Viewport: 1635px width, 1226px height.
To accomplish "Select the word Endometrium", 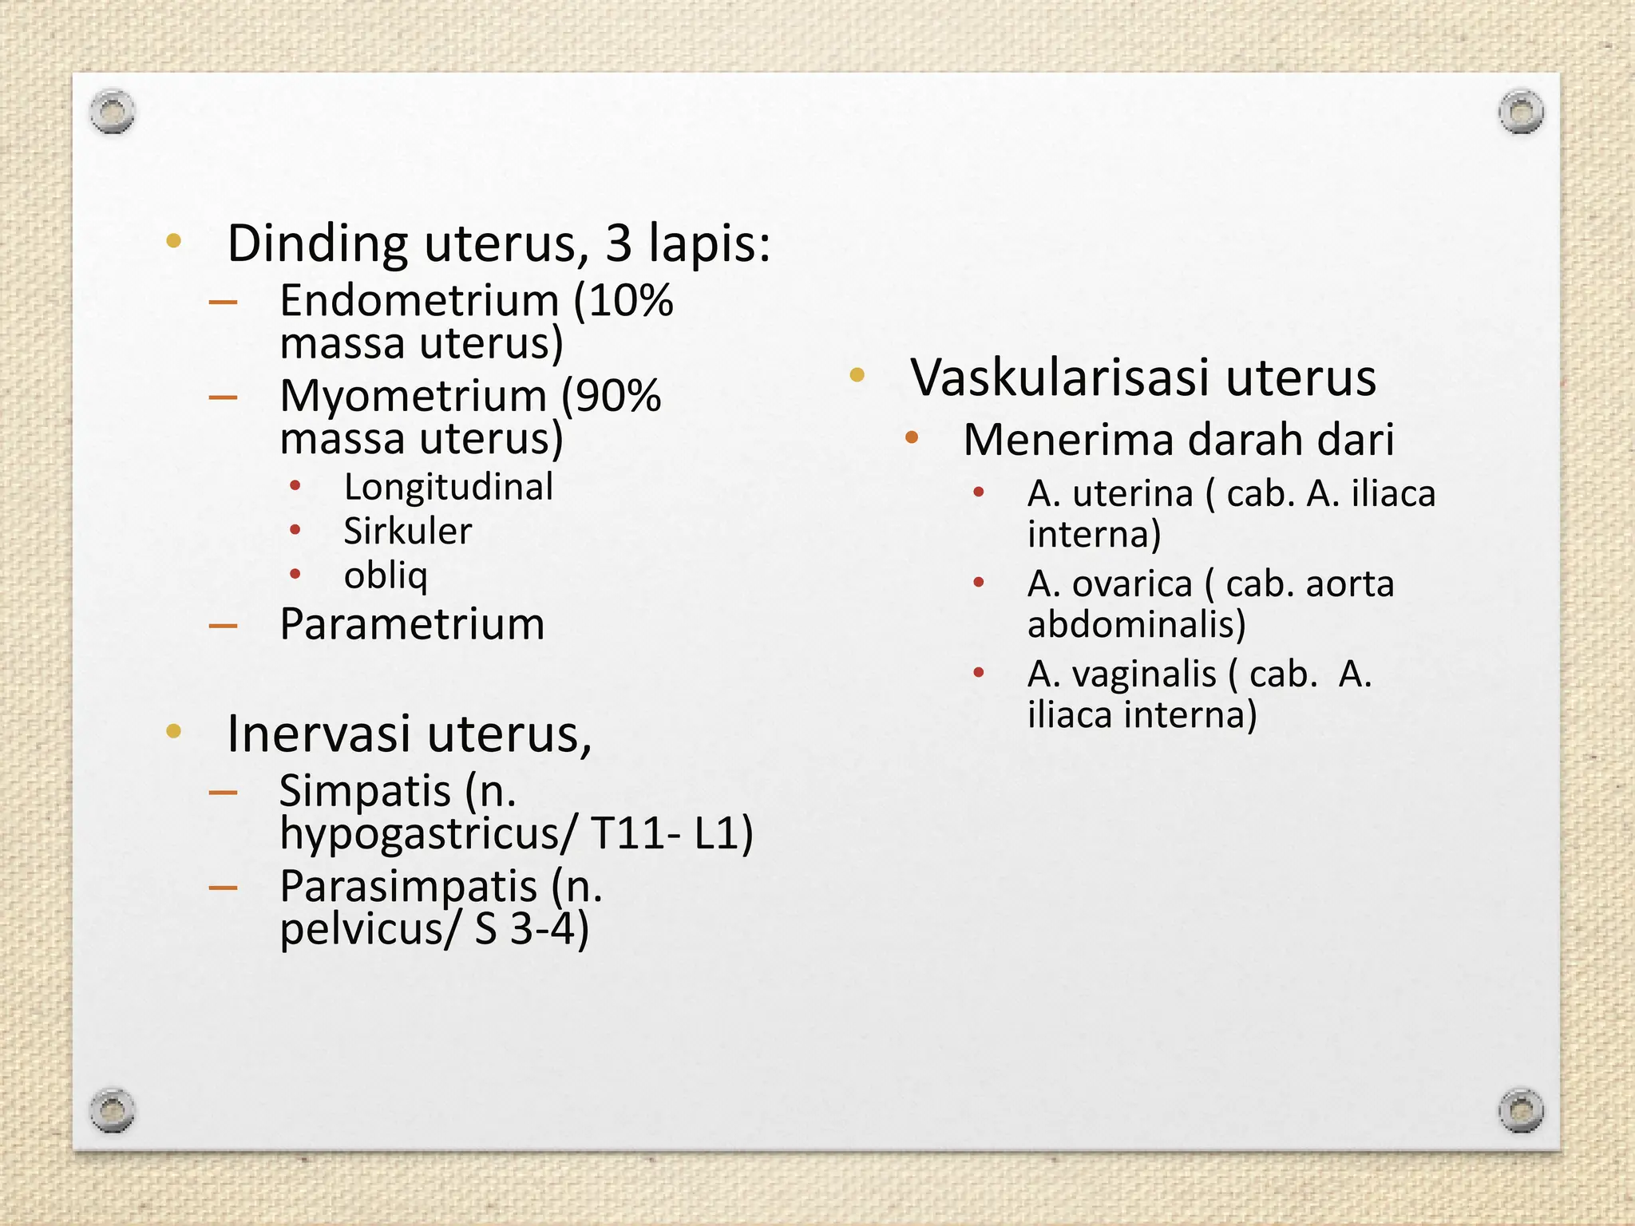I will click(419, 302).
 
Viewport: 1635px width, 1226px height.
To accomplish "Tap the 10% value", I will click(631, 302).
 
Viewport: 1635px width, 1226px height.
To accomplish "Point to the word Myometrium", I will click(413, 396).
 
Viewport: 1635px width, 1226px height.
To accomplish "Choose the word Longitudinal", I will click(448, 488).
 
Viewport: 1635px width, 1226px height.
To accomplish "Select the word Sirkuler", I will click(407, 532).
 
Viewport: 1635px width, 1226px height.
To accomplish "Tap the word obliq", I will click(386, 575).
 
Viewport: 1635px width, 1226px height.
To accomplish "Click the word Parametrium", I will click(412, 624).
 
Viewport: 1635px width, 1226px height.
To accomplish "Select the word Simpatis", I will click(365, 791).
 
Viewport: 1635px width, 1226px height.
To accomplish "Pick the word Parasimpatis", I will click(408, 886).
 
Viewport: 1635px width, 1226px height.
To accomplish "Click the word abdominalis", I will click(1136, 624).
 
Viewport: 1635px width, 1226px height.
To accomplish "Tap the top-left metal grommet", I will click(112, 112).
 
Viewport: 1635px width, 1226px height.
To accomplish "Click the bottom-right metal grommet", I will click(1521, 1109).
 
